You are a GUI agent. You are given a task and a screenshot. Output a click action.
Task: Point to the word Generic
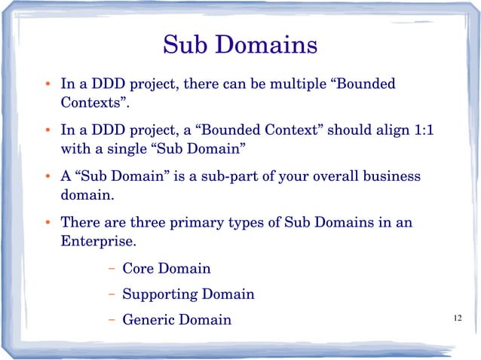(x=146, y=320)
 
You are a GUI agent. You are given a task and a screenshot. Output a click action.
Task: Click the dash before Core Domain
(x=111, y=269)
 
